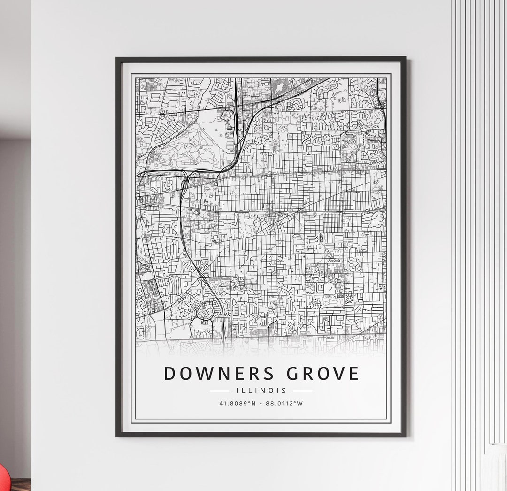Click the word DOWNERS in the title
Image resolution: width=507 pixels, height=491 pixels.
[215, 374]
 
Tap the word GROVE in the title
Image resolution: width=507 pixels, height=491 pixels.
[318, 374]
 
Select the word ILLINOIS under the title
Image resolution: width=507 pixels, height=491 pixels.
[261, 391]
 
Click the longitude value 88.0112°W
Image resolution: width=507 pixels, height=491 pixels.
[284, 403]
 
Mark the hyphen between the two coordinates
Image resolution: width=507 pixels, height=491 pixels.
[261, 403]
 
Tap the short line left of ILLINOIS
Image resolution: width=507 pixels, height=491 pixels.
[220, 391]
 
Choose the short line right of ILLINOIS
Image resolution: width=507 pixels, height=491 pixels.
[302, 391]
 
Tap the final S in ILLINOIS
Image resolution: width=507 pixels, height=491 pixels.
[284, 391]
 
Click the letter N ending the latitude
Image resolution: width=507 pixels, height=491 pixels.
[253, 403]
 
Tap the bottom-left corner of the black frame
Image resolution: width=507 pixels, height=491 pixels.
[117, 436]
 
